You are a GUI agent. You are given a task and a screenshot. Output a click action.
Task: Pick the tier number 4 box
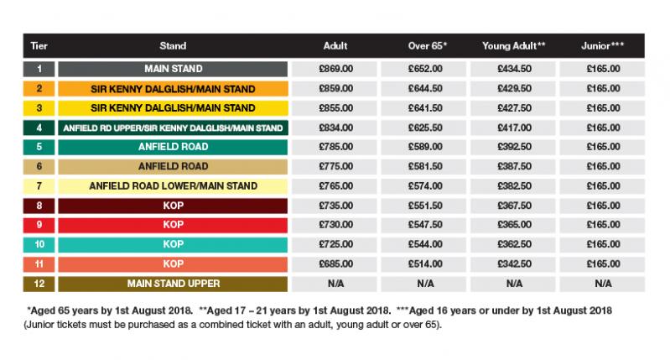pos(39,128)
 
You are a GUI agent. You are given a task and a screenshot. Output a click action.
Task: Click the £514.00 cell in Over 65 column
pos(421,264)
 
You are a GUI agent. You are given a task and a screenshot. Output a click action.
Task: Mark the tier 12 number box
pos(39,284)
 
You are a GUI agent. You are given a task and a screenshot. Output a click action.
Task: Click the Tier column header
pos(39,45)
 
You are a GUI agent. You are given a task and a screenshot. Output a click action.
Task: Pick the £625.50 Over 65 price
pos(421,128)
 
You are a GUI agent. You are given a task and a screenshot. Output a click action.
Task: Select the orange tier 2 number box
pos(39,88)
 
